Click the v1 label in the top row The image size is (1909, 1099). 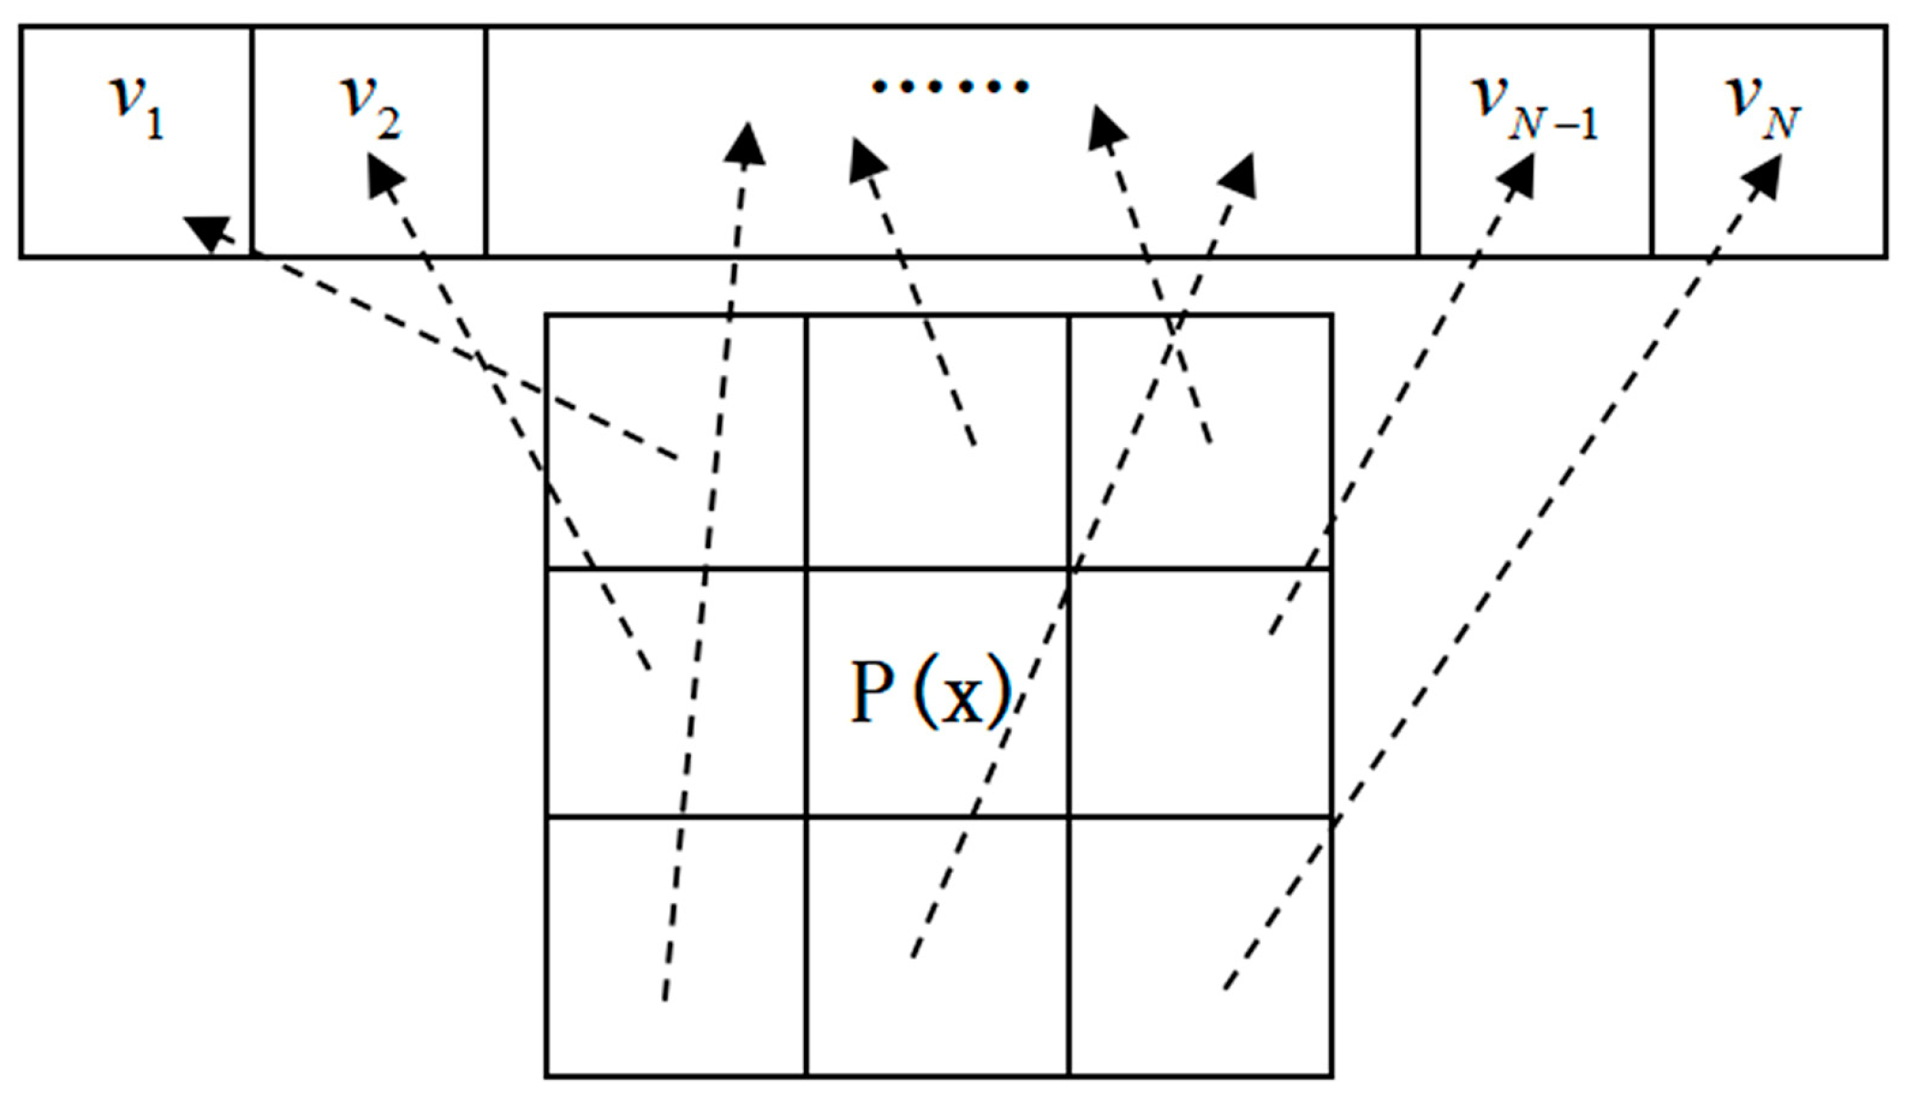click(137, 105)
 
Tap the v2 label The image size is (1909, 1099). click(369, 105)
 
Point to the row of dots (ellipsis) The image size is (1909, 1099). click(950, 87)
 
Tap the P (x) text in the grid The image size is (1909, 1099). click(930, 693)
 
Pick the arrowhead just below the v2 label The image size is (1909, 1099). click(384, 172)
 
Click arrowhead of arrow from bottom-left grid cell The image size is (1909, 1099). click(747, 144)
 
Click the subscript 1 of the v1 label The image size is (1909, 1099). click(155, 123)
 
